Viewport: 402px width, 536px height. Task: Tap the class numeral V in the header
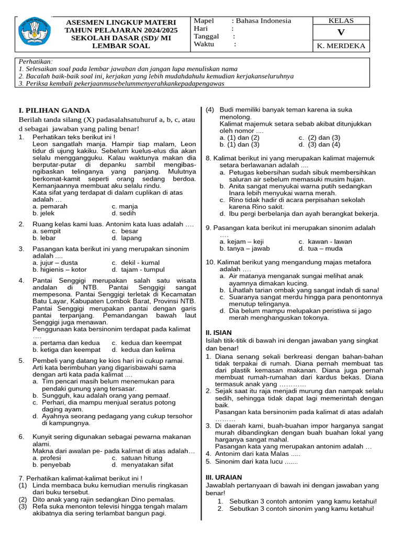341,33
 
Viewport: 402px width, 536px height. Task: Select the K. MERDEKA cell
341,46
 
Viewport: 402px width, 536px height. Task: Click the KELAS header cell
341,21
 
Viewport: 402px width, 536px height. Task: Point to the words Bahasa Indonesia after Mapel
263,21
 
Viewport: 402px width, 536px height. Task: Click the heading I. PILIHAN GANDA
54,110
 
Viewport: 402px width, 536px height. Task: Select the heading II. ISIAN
219,332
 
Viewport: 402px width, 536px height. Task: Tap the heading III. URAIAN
224,477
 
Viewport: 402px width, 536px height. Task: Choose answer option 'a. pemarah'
50,207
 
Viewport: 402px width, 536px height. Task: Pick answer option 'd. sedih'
124,214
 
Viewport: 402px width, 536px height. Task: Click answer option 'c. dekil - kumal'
135,263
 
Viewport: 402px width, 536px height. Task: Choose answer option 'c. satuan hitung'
138,458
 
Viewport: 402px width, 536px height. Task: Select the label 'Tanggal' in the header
206,37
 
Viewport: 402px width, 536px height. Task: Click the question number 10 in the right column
210,262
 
